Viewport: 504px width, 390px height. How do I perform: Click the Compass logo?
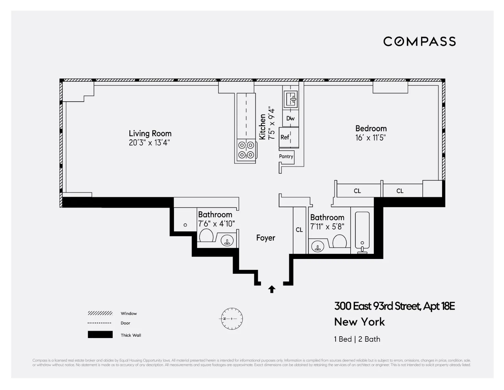[x=419, y=41]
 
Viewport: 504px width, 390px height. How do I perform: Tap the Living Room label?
[x=150, y=133]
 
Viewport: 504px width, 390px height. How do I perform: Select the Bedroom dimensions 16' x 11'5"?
[x=370, y=138]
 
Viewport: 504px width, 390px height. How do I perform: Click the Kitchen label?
[x=262, y=127]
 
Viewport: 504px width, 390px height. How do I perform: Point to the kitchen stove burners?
[x=246, y=150]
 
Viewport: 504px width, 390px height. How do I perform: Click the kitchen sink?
[x=291, y=99]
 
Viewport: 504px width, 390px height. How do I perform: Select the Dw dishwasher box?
[x=290, y=118]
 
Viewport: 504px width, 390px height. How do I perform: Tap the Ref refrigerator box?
[x=285, y=137]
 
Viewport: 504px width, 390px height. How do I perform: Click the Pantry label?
[x=286, y=156]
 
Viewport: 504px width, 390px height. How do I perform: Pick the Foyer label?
[x=266, y=238]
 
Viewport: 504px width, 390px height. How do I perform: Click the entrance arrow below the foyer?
[x=272, y=289]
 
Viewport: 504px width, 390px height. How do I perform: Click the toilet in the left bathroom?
[x=206, y=235]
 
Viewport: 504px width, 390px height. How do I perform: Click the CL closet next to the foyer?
[x=299, y=230]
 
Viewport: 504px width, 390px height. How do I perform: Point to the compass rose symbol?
[x=231, y=318]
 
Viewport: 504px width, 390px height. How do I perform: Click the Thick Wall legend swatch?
[x=100, y=335]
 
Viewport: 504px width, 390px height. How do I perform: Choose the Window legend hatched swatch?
[x=100, y=313]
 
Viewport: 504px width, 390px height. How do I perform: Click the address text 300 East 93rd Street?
[x=394, y=306]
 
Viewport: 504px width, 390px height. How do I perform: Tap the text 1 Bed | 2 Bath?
[x=357, y=339]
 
